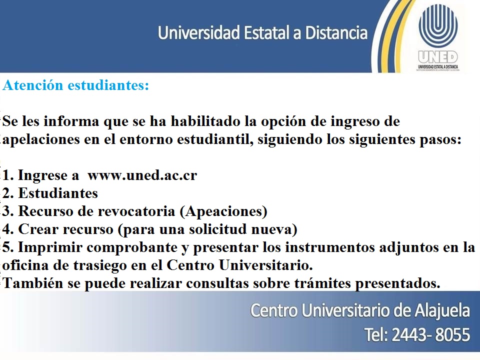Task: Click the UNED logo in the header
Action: (438, 37)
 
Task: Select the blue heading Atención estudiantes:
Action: (76, 85)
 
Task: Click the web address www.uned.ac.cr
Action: (142, 175)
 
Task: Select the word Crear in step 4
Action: (35, 229)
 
